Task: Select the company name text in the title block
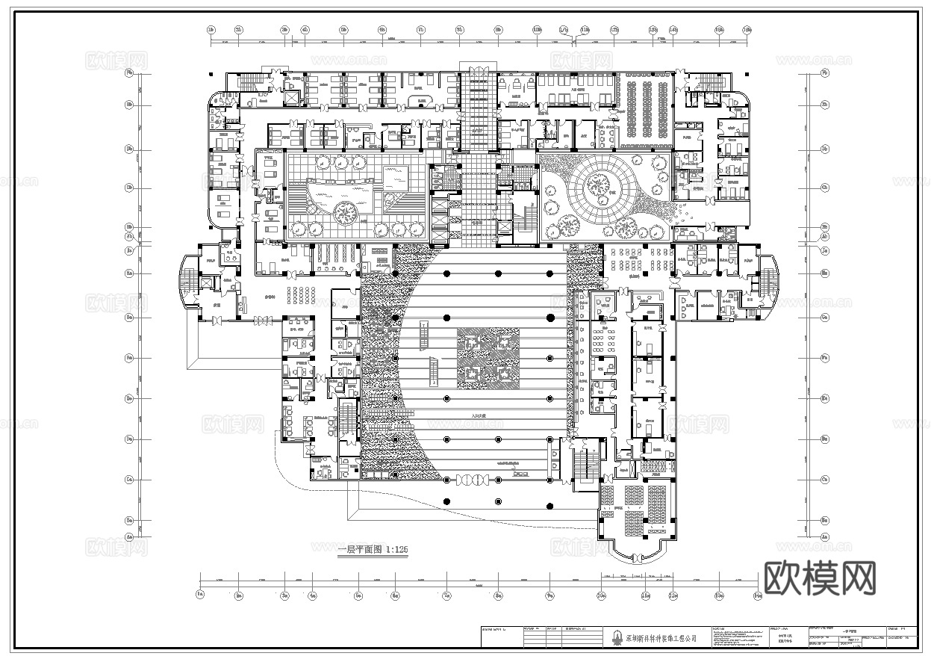click(661, 639)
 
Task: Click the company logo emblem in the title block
click(617, 638)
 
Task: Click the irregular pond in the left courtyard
click(340, 194)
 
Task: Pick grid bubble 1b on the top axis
click(211, 30)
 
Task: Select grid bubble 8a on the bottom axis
click(498, 595)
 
